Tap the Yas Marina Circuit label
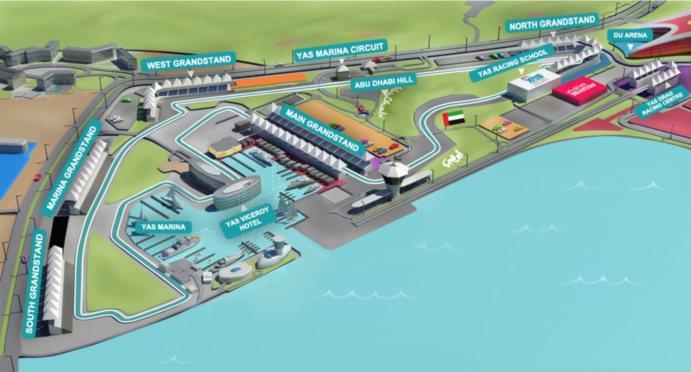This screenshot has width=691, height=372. [341, 49]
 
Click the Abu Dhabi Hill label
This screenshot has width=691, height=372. [384, 82]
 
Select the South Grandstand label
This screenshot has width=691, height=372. [35, 283]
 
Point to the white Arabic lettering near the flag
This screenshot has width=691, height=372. [451, 162]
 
